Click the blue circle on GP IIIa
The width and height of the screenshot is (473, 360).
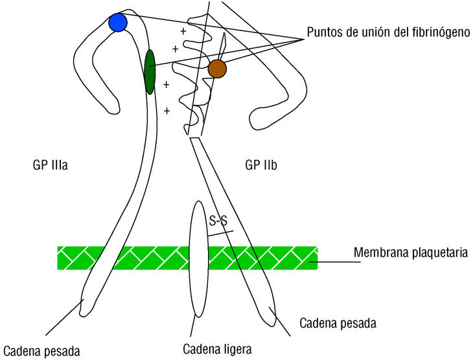coord(118,23)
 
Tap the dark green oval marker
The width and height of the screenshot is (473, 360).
coord(150,71)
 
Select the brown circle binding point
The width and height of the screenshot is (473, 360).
coord(217,68)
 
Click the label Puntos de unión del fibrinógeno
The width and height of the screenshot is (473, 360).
coord(388,32)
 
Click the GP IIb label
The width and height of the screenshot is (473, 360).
coord(261,165)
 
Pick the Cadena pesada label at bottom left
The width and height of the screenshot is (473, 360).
coord(41,352)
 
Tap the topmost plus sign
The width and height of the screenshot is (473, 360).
coord(183,30)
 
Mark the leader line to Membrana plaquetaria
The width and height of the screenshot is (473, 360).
coord(334,262)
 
